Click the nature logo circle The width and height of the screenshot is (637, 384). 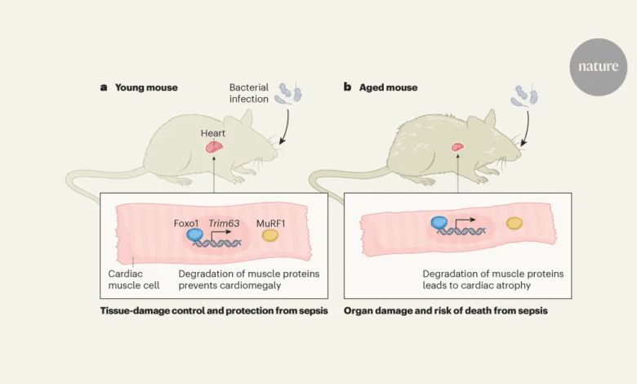click(x=599, y=67)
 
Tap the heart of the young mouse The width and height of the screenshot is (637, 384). click(x=213, y=146)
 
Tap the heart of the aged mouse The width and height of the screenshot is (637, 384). click(x=458, y=147)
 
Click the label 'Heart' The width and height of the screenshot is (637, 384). click(x=213, y=131)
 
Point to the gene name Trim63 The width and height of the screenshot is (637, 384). click(x=224, y=223)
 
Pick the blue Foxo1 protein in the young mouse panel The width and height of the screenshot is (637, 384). click(x=195, y=235)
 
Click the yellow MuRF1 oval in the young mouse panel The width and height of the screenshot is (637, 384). click(x=269, y=236)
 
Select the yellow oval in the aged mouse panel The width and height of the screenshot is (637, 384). click(x=514, y=222)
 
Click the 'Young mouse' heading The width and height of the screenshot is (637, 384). click(x=145, y=87)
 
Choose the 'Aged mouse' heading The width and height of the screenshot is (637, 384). click(x=388, y=87)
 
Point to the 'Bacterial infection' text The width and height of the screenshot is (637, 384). click(x=249, y=93)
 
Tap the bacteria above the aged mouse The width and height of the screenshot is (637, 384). click(x=525, y=96)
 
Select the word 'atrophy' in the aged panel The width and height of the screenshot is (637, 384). click(x=514, y=286)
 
